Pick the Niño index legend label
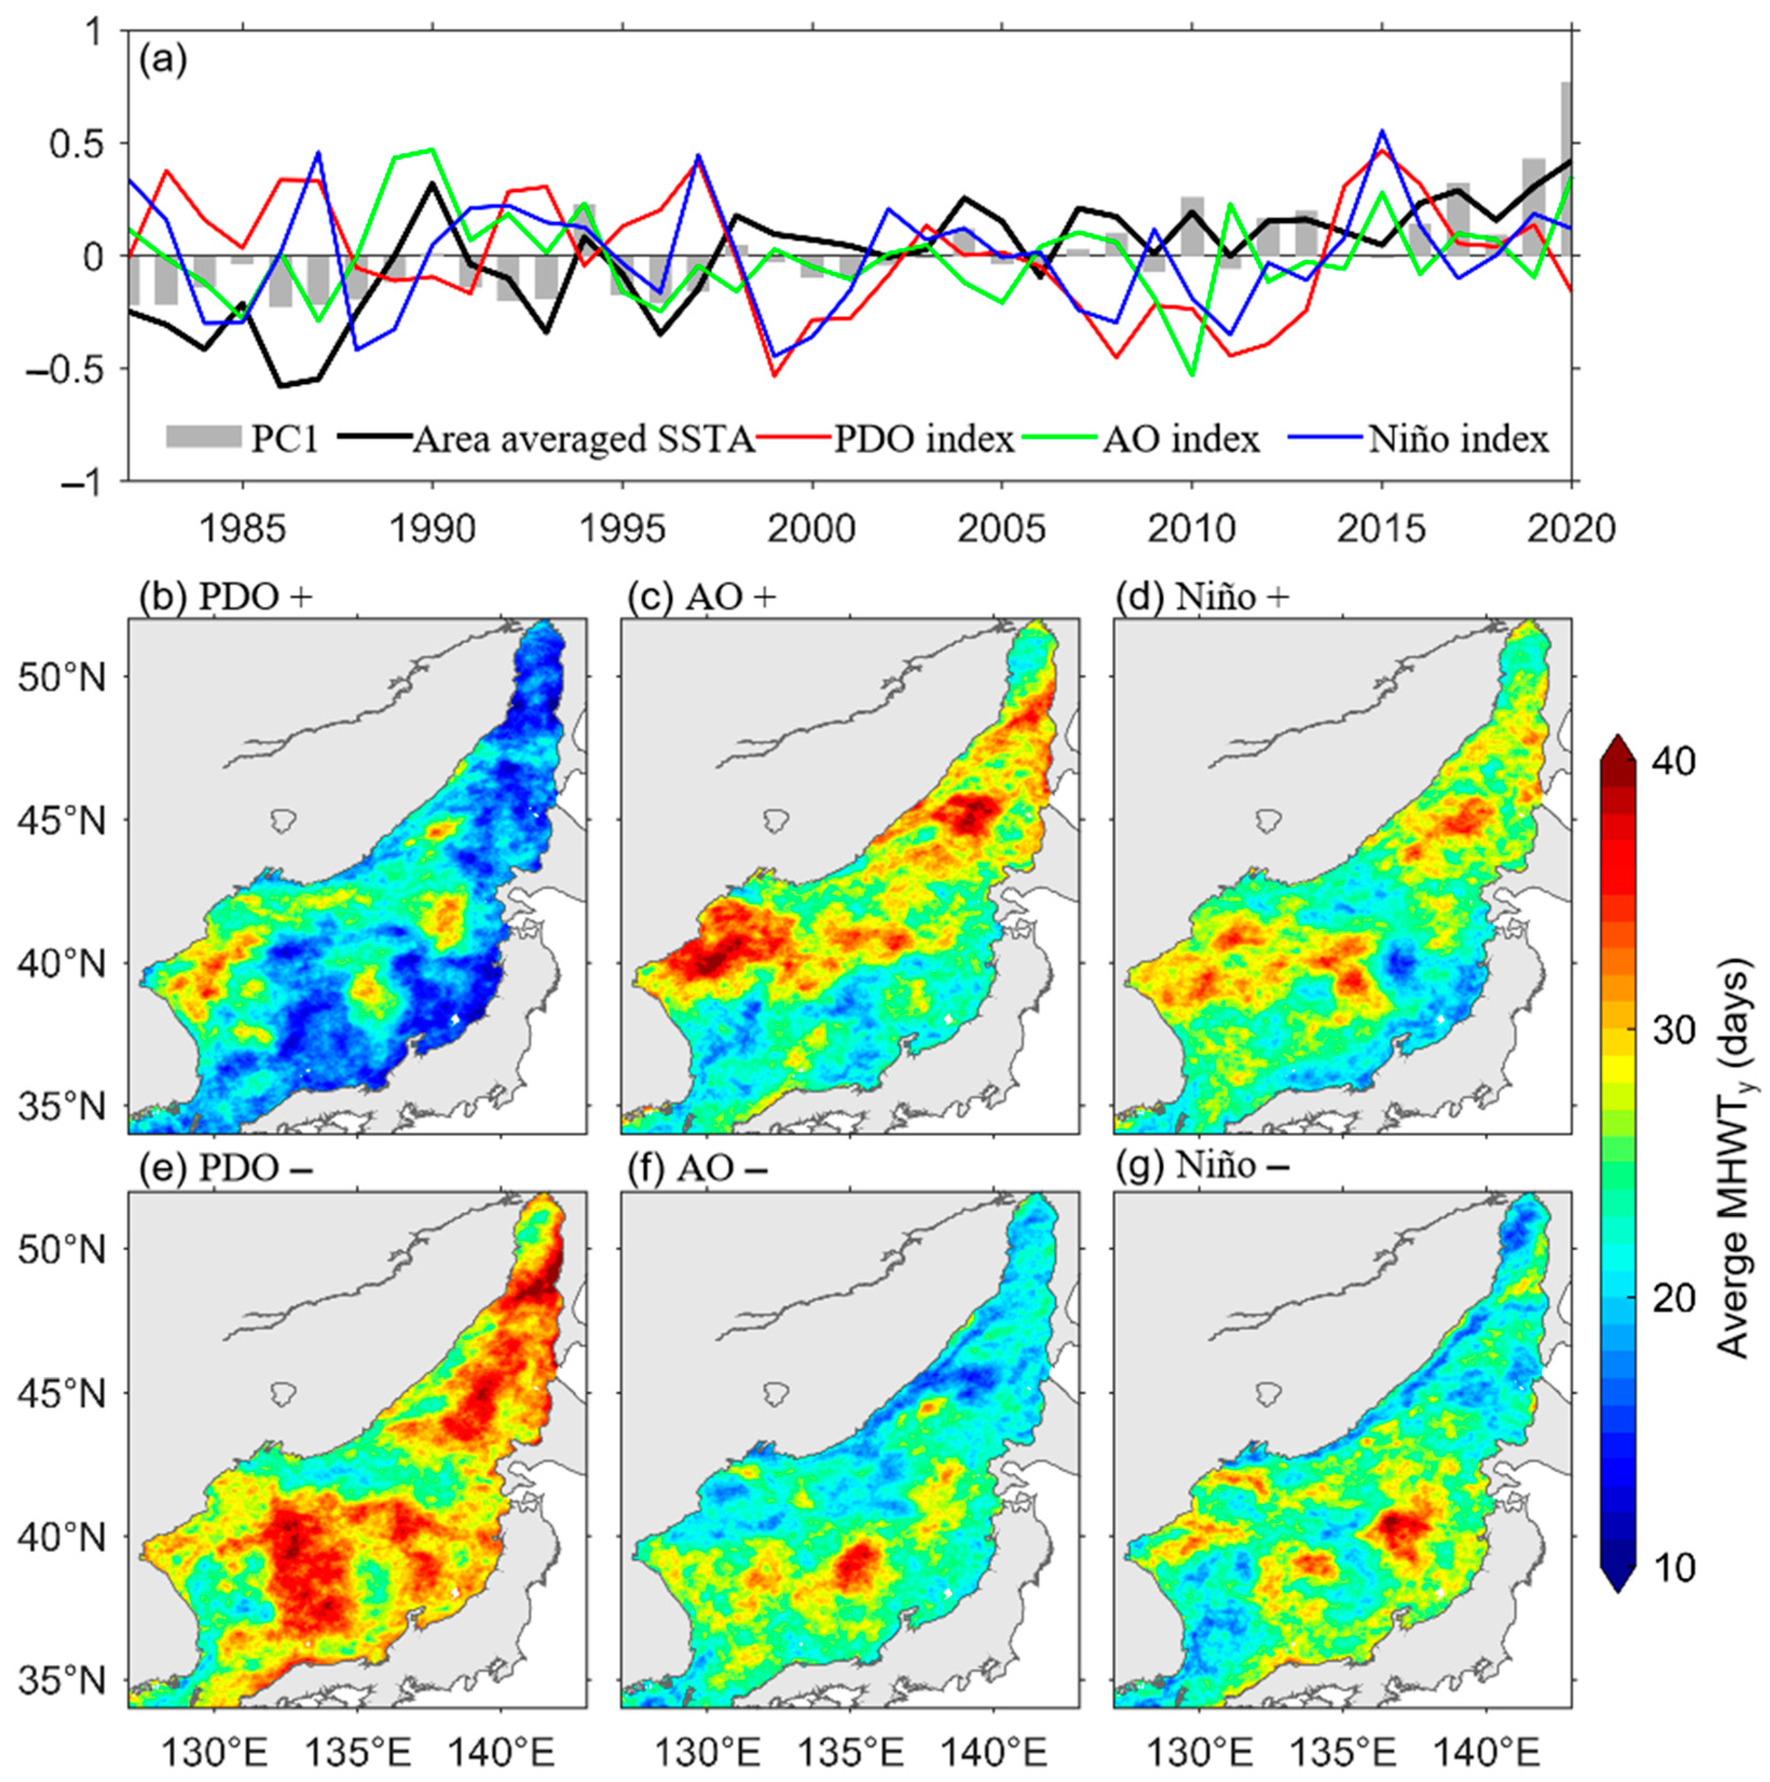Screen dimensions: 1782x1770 1458,439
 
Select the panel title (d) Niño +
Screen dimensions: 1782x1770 1202,598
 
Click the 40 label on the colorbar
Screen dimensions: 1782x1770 1672,762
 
